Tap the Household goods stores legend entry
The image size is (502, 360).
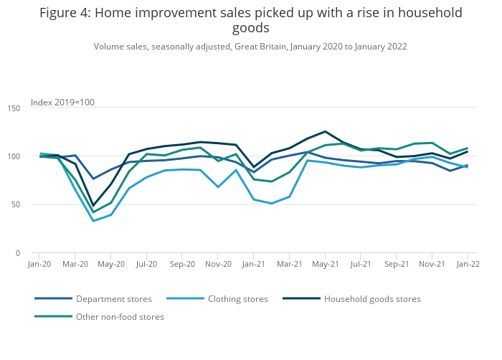point(372,299)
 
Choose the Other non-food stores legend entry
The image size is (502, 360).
point(120,317)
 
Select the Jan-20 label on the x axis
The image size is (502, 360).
point(39,264)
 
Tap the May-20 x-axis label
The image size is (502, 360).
point(111,264)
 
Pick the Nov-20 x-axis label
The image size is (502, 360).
point(218,264)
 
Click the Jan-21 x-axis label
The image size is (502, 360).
point(253,264)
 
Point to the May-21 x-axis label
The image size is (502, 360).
point(325,264)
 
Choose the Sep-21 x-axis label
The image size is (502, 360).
point(396,264)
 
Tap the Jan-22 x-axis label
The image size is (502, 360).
point(468,264)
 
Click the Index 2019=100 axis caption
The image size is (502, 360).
point(62,103)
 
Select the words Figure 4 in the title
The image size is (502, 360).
point(65,13)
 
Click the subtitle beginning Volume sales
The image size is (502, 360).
point(250,47)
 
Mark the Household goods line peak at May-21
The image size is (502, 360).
point(325,131)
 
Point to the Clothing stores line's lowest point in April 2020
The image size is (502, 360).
point(93,221)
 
